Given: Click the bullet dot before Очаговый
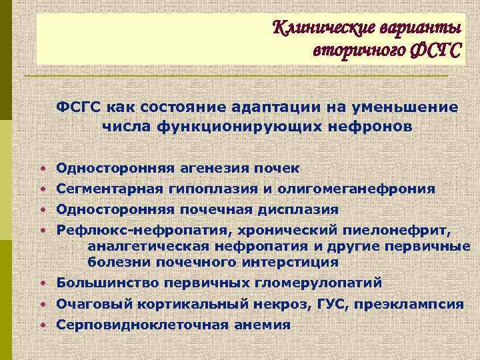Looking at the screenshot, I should tap(41, 304).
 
